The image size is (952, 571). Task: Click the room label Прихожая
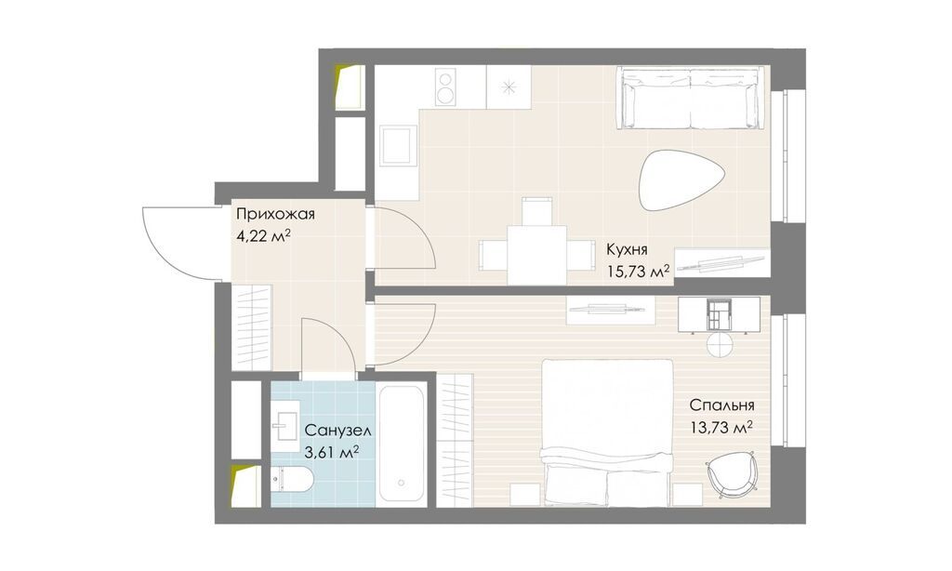[x=275, y=214]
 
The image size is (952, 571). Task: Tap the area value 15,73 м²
[x=638, y=270]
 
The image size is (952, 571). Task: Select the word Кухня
[x=628, y=249]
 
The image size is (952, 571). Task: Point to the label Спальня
[x=721, y=405]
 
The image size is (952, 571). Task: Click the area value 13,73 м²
[x=721, y=428]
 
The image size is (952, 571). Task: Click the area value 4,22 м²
[x=263, y=235]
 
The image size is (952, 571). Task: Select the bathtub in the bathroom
[x=400, y=444]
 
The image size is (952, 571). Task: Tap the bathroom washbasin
[x=285, y=423]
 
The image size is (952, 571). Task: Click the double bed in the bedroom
[x=607, y=432]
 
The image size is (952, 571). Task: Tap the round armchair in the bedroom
[x=731, y=473]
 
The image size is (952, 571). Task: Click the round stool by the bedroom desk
[x=720, y=344]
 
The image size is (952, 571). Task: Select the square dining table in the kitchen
[x=536, y=254]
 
